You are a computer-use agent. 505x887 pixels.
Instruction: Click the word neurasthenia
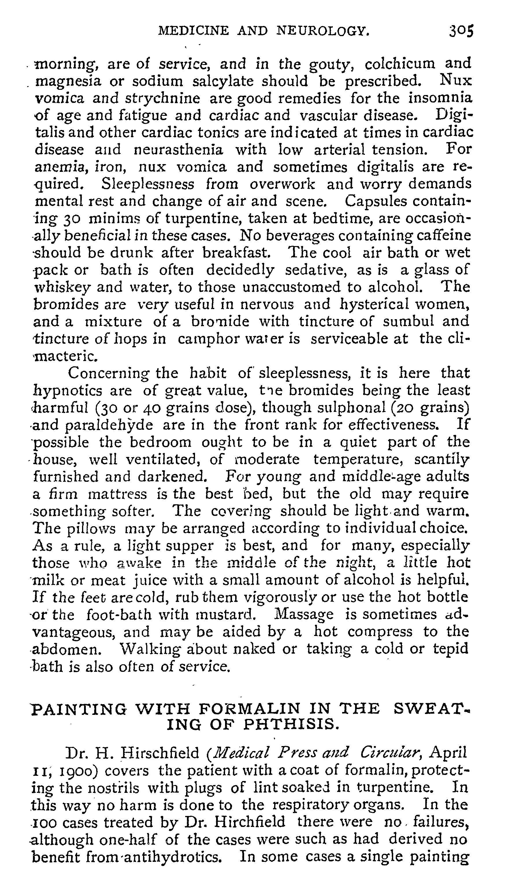point(178,149)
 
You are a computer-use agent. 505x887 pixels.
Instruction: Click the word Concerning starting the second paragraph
point(109,373)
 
